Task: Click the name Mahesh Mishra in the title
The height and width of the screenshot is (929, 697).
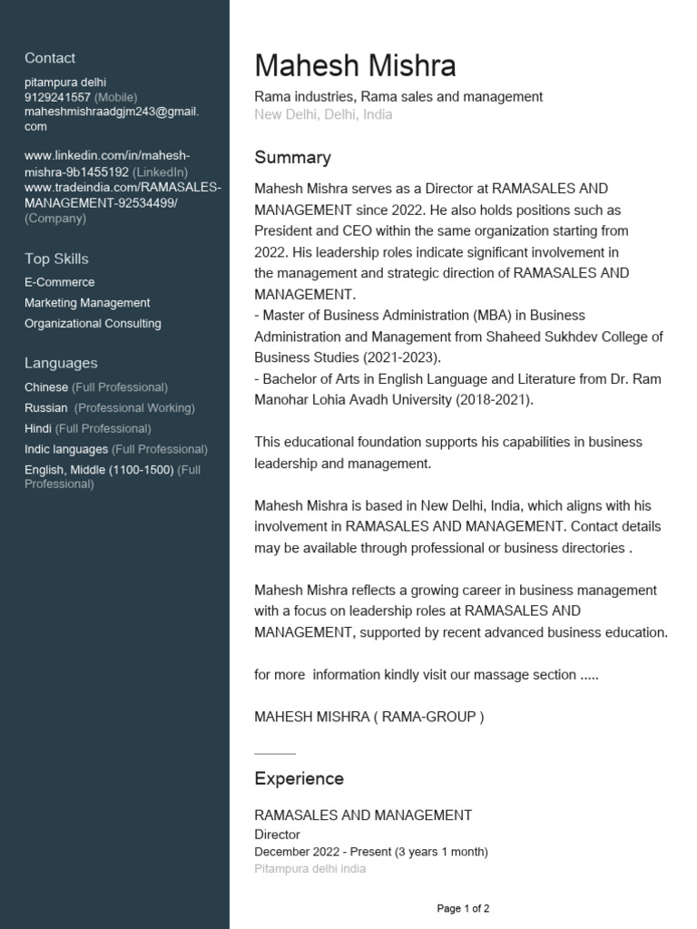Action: pyautogui.click(x=355, y=66)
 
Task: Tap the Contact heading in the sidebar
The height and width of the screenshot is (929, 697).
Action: pyautogui.click(x=50, y=58)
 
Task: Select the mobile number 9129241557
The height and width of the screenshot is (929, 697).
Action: pyautogui.click(x=57, y=97)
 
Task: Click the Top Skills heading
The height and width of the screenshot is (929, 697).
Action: pyautogui.click(x=56, y=259)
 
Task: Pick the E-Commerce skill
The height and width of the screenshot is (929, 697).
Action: pyautogui.click(x=59, y=282)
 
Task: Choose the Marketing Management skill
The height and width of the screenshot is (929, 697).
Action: pyautogui.click(x=87, y=303)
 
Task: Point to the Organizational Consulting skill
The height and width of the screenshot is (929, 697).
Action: pyautogui.click(x=93, y=324)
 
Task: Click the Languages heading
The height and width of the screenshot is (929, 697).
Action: pyautogui.click(x=61, y=363)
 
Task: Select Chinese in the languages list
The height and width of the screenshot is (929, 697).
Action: pyautogui.click(x=46, y=387)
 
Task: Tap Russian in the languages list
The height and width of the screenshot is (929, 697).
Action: pyautogui.click(x=46, y=408)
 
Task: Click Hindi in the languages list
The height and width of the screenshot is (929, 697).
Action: pyautogui.click(x=38, y=428)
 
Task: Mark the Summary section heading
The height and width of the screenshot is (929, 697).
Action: pyautogui.click(x=292, y=158)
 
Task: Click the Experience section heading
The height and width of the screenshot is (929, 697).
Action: pyautogui.click(x=299, y=778)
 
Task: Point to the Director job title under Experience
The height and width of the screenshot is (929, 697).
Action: pyautogui.click(x=277, y=835)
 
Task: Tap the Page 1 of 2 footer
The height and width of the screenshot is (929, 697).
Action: pyautogui.click(x=463, y=908)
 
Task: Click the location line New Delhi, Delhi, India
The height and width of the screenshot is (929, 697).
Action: pyautogui.click(x=323, y=115)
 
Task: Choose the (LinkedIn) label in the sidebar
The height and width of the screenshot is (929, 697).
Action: pyautogui.click(x=161, y=171)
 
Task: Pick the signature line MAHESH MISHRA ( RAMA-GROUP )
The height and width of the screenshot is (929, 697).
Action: pyautogui.click(x=368, y=717)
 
